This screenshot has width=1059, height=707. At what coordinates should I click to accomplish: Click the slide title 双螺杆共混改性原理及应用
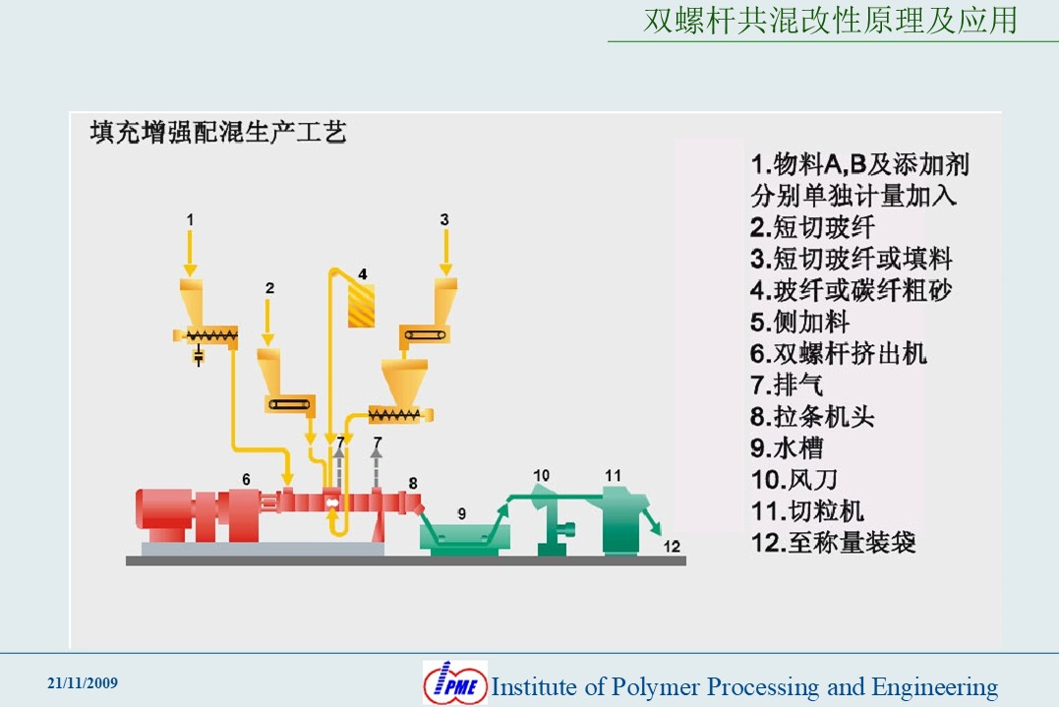pyautogui.click(x=831, y=21)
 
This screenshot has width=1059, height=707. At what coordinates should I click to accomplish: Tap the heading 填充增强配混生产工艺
pyautogui.click(x=218, y=133)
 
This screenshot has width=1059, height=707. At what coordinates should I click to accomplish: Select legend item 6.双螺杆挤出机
pyautogui.click(x=838, y=354)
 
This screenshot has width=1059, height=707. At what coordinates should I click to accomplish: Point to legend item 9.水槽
pyautogui.click(x=787, y=448)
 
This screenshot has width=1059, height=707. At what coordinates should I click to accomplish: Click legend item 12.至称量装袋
pyautogui.click(x=833, y=543)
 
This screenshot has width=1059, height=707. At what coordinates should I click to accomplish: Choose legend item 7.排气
pyautogui.click(x=787, y=385)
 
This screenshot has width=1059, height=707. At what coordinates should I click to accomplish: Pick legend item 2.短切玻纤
pyautogui.click(x=812, y=227)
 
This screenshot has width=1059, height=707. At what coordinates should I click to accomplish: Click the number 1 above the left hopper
pyautogui.click(x=190, y=219)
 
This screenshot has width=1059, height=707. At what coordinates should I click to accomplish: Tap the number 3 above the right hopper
pyautogui.click(x=444, y=219)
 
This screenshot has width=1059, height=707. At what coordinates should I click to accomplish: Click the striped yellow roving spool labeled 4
pyautogui.click(x=361, y=305)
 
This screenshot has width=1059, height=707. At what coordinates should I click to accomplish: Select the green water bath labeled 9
pyautogui.click(x=465, y=537)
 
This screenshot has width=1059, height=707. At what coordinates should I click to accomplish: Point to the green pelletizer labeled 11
pyautogui.click(x=623, y=520)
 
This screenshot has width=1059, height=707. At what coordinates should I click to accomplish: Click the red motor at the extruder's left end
pyautogui.click(x=163, y=514)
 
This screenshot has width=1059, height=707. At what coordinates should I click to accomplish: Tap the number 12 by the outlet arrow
pyautogui.click(x=672, y=547)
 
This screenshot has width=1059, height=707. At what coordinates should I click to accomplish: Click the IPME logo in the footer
pyautogui.click(x=455, y=682)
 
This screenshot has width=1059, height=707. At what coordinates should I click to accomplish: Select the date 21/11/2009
pyautogui.click(x=83, y=683)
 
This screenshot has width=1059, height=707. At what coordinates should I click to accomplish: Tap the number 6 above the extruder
pyautogui.click(x=246, y=480)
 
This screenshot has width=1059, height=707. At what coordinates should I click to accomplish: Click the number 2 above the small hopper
pyautogui.click(x=269, y=288)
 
